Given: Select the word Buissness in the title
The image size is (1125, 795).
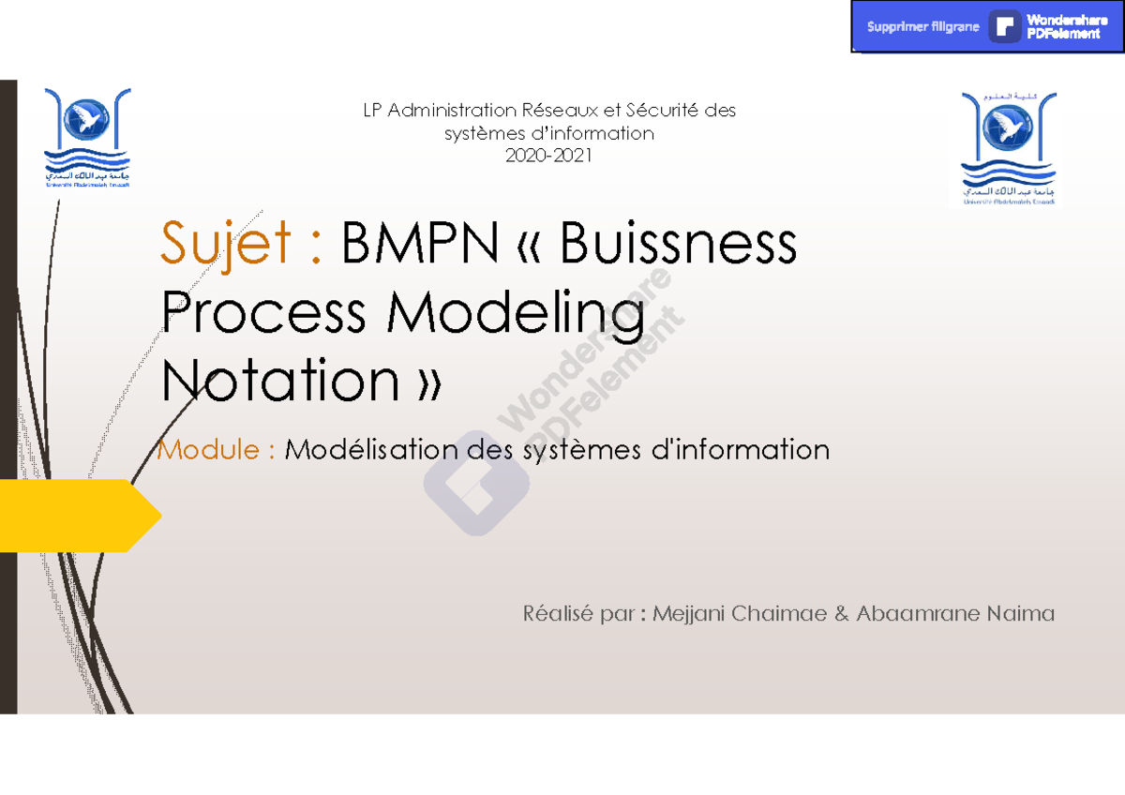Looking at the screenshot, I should [x=679, y=244].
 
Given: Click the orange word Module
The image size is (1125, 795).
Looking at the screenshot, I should [x=209, y=450].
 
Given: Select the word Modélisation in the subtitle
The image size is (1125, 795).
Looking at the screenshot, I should [x=372, y=450].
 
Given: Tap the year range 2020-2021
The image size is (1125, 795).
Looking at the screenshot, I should [x=548, y=157].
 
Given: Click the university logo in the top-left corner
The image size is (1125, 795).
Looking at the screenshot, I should [x=87, y=139].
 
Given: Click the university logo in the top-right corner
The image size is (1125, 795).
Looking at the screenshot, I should [x=1008, y=147].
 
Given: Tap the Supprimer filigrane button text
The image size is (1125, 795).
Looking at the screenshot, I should [x=922, y=27].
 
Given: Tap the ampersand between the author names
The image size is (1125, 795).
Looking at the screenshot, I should [x=840, y=614].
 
